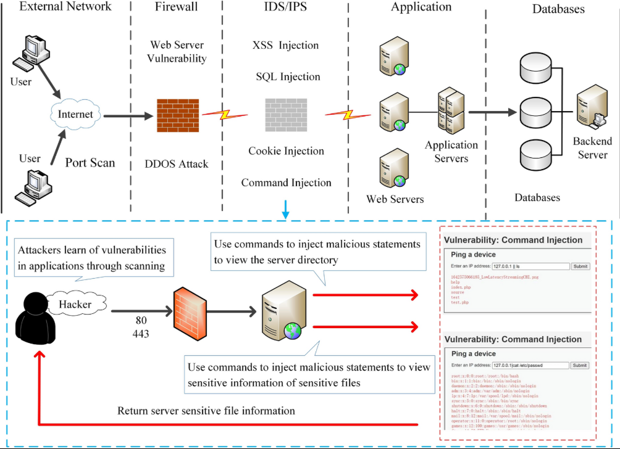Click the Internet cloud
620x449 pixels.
(x=75, y=115)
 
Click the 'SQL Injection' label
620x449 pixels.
(x=288, y=77)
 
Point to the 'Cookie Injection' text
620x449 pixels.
(x=286, y=151)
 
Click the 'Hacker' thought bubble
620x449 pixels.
(x=75, y=304)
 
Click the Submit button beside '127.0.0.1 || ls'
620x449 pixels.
(x=580, y=266)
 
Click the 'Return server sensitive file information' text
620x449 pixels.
(x=206, y=411)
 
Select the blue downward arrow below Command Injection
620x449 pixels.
(x=285, y=210)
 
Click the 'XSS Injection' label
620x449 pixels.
(x=286, y=46)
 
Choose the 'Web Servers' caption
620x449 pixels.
(x=395, y=199)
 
